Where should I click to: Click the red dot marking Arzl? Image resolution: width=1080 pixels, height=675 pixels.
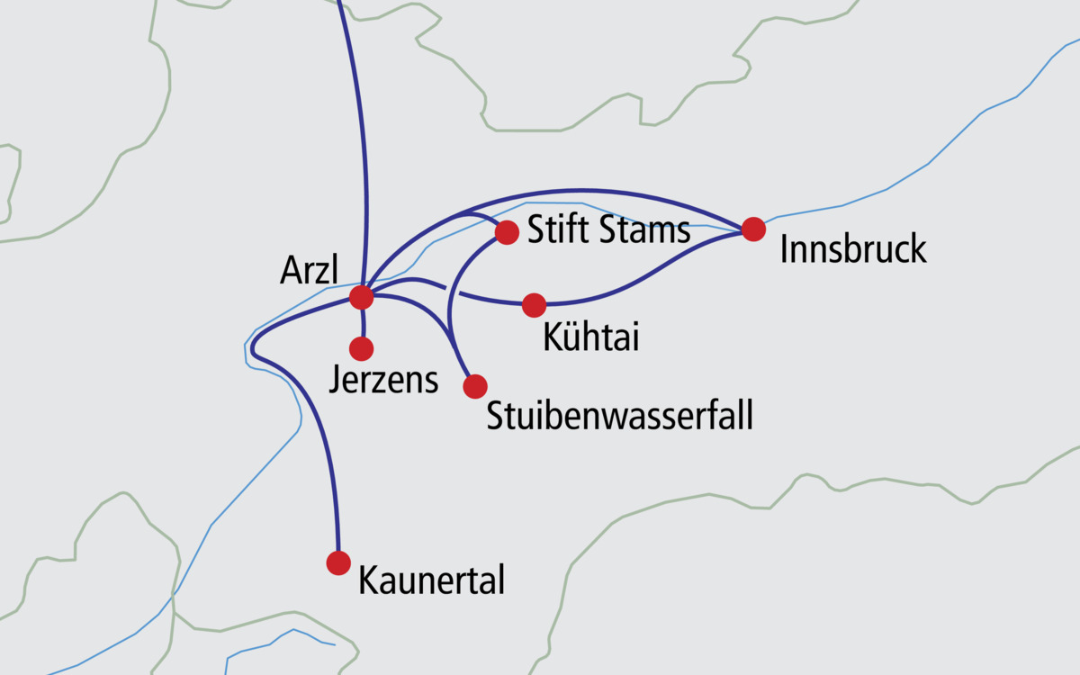(x=362, y=297)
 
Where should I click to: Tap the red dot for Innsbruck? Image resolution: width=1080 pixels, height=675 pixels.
(x=753, y=229)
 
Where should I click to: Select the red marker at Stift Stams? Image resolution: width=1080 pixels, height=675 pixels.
(x=507, y=232)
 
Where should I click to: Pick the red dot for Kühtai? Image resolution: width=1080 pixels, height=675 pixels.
(x=534, y=305)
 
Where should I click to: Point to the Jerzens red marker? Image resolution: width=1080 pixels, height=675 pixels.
(x=362, y=348)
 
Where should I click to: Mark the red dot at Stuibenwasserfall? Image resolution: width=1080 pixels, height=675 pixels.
(x=475, y=386)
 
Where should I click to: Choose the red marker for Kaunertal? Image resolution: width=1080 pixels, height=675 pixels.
(x=338, y=562)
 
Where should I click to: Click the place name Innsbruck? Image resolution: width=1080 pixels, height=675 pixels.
(x=853, y=249)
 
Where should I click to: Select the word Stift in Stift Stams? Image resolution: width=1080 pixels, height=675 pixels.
(x=556, y=231)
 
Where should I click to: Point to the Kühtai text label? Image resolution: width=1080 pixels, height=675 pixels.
(x=591, y=337)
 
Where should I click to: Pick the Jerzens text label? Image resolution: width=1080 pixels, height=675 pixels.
(x=383, y=381)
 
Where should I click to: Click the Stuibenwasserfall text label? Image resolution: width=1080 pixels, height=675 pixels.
(x=619, y=416)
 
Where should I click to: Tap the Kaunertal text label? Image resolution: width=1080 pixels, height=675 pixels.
(x=431, y=580)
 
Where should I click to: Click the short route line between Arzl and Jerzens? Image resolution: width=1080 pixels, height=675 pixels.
(x=363, y=323)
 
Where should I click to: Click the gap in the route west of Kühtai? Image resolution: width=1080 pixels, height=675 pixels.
(x=453, y=290)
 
